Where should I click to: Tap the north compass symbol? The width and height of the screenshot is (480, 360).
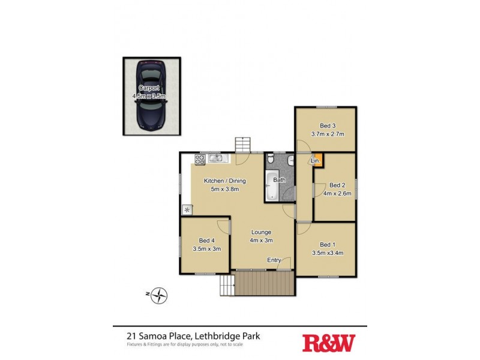(x=159, y=295)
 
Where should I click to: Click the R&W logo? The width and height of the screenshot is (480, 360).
(x=328, y=343)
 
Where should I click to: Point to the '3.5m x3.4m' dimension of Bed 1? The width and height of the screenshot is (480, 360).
(x=327, y=253)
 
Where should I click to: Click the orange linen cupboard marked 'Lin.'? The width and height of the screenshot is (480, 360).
(x=316, y=160)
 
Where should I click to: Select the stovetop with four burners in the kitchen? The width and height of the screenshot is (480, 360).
(x=200, y=159)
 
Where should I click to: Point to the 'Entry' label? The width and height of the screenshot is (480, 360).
(x=274, y=260)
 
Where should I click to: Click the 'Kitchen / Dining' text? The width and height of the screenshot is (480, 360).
(x=224, y=181)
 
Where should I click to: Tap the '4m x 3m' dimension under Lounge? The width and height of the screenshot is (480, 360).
(x=261, y=241)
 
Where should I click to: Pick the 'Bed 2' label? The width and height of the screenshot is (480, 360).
(x=337, y=185)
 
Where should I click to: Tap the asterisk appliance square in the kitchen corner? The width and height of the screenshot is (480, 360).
(x=187, y=209)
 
